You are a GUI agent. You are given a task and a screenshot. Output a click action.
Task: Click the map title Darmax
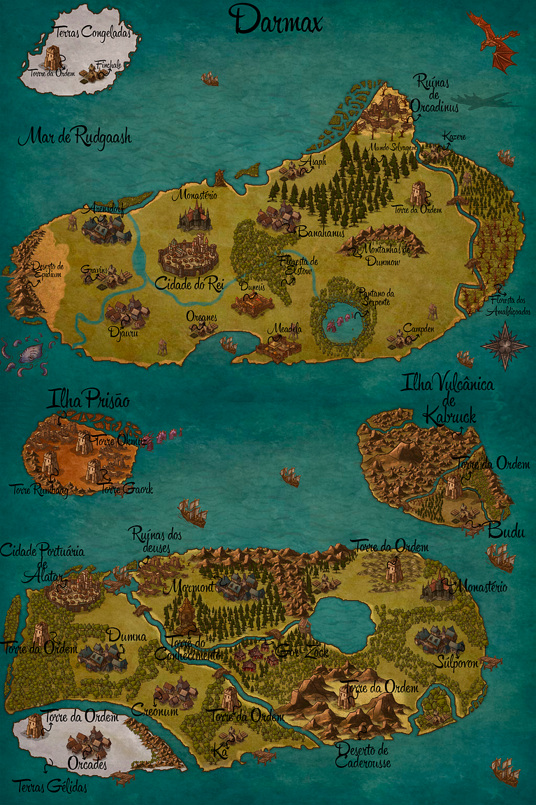click(278, 21)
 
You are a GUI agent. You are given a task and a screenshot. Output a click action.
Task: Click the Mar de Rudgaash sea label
click(75, 136)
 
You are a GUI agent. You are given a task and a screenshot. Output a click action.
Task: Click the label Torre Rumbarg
click(40, 490)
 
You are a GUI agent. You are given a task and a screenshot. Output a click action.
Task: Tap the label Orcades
click(87, 764)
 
